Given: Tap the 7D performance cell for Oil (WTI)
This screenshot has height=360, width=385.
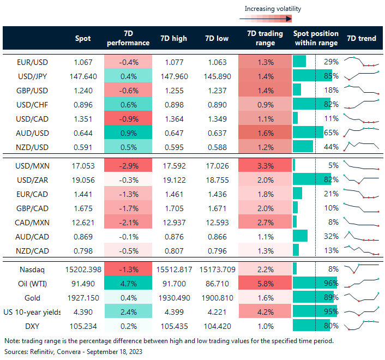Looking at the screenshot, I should [127, 284].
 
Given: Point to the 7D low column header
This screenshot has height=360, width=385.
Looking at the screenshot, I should [216, 38].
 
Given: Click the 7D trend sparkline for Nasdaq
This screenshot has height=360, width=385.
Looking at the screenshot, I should [362, 269].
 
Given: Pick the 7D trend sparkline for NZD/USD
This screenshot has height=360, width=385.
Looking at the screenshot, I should [362, 147].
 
